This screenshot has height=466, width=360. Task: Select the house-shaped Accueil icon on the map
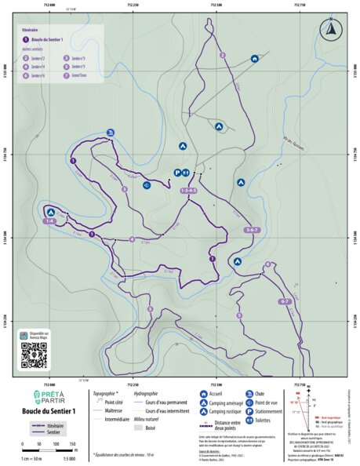[x=255, y=59]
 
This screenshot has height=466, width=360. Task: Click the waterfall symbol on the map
[x=111, y=132]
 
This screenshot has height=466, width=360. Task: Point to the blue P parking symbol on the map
[x=177, y=173]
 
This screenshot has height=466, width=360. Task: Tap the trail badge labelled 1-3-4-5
[x=188, y=191]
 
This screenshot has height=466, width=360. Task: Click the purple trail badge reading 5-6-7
[x=252, y=230]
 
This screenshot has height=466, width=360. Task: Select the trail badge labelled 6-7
[x=306, y=302]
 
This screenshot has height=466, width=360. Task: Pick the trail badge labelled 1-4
[x=49, y=222]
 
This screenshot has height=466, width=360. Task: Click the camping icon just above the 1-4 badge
[x=51, y=212]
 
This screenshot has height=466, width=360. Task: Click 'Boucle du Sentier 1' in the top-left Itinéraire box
[x=53, y=38]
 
